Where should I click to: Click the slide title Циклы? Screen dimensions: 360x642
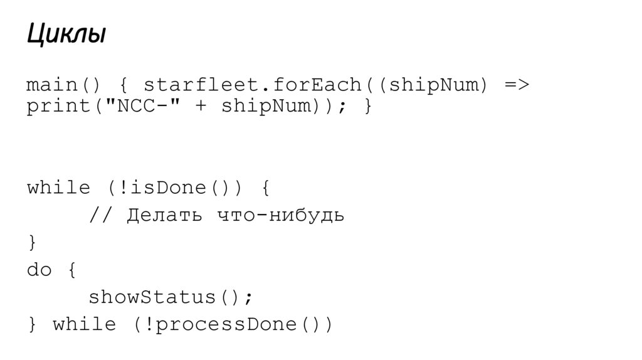click(x=66, y=35)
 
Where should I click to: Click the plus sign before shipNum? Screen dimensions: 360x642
click(x=201, y=107)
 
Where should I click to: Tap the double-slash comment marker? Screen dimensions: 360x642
click(x=101, y=216)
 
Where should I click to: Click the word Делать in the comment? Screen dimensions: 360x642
click(x=164, y=216)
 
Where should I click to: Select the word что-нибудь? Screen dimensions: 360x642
click(x=280, y=216)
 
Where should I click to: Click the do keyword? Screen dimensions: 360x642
click(x=39, y=270)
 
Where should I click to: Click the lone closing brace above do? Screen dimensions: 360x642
click(x=33, y=242)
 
